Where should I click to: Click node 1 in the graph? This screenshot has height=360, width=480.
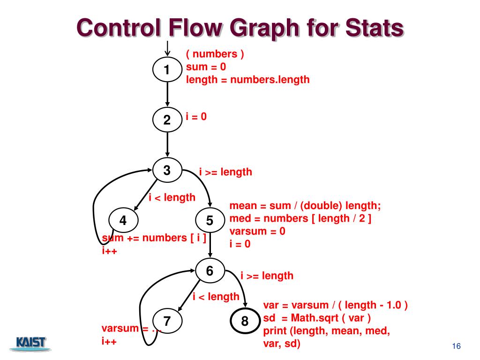click(x=167, y=69)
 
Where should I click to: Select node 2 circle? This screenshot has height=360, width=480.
click(x=167, y=120)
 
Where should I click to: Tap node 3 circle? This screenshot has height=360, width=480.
click(x=167, y=170)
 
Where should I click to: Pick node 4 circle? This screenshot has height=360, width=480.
click(x=123, y=220)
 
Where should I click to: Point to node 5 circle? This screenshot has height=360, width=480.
click(x=210, y=220)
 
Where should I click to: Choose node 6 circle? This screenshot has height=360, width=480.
click(x=210, y=270)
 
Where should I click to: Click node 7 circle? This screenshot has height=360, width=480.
click(x=167, y=321)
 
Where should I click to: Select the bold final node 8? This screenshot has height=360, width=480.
click(x=245, y=321)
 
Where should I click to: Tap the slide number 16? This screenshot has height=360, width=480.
click(x=456, y=346)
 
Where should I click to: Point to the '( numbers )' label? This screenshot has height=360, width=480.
click(x=215, y=54)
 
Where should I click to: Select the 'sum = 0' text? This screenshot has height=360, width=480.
click(x=206, y=67)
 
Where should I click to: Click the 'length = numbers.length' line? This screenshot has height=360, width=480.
click(x=247, y=80)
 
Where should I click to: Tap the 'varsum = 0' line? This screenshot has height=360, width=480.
click(x=257, y=231)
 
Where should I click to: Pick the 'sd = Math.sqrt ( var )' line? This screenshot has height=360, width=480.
click(x=317, y=318)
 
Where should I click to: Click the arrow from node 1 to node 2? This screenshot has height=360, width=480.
click(x=167, y=94)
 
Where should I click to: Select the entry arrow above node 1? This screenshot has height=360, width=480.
click(x=167, y=49)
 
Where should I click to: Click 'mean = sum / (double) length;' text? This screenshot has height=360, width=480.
click(x=305, y=206)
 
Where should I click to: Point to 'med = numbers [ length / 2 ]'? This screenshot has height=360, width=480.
click(x=300, y=218)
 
